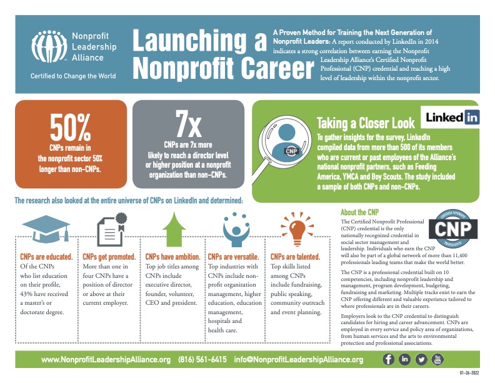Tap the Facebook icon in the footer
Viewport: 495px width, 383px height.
click(x=388, y=359)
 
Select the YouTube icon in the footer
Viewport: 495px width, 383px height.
click(x=437, y=359)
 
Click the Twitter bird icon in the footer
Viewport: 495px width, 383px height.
click(x=421, y=359)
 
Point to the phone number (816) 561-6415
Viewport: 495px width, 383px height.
click(x=202, y=360)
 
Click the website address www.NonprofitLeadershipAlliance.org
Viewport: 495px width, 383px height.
click(x=106, y=360)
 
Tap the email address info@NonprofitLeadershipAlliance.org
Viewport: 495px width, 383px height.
click(x=299, y=360)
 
